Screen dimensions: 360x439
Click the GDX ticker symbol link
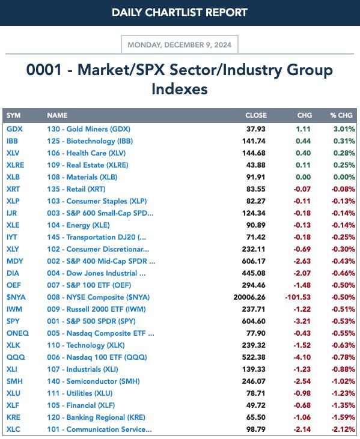click(14, 129)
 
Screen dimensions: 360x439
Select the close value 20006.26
click(249, 297)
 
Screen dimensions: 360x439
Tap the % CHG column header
click(341, 115)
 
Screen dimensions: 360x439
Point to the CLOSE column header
click(256, 115)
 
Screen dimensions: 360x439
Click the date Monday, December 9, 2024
click(180, 45)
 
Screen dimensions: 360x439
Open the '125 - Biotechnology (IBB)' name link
click(90, 141)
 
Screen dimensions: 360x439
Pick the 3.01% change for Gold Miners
click(344, 129)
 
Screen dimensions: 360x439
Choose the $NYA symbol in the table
click(16, 297)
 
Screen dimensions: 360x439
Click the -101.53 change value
click(298, 297)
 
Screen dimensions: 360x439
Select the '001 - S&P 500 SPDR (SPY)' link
click(91, 321)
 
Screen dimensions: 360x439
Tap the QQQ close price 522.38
click(254, 357)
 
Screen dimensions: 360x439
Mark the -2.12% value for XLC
click(343, 429)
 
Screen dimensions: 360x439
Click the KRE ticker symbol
click(13, 417)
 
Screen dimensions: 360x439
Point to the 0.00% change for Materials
click(344, 177)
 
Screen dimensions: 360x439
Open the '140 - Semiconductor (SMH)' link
click(93, 381)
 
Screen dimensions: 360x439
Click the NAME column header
click(57, 115)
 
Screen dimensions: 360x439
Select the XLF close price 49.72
click(256, 405)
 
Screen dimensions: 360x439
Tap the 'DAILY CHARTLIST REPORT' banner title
click(180, 13)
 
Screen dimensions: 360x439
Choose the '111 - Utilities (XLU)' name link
click(80, 393)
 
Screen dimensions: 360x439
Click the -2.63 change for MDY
click(302, 261)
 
